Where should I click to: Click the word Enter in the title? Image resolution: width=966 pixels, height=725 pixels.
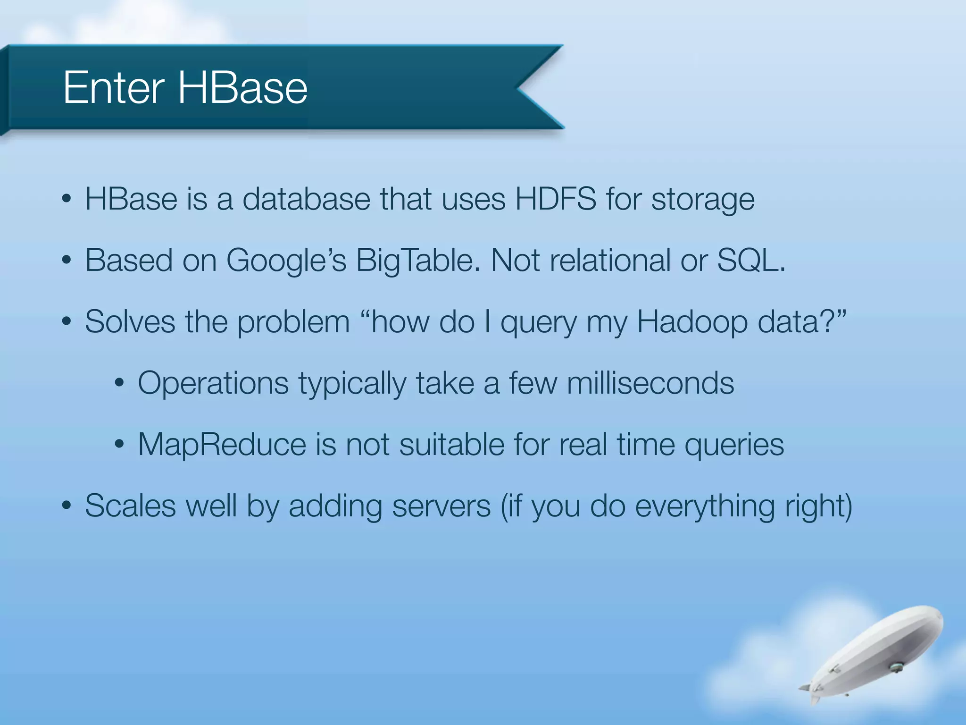tap(114, 88)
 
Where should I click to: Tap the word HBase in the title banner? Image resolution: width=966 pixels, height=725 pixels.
tap(242, 88)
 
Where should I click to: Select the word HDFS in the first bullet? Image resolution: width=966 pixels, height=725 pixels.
tap(556, 199)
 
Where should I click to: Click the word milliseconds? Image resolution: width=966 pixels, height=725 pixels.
tap(650, 383)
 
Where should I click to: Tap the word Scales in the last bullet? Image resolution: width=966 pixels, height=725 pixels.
tap(130, 506)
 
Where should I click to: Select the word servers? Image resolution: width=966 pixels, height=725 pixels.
tap(441, 506)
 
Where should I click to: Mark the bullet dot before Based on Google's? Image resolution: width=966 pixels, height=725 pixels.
tap(67, 261)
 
